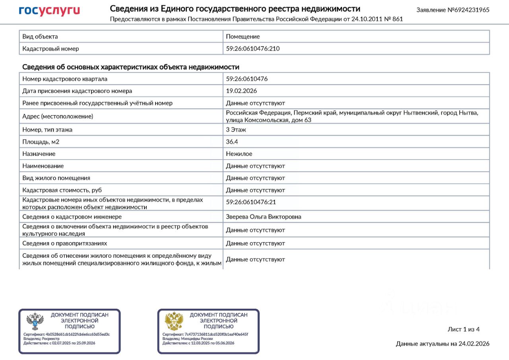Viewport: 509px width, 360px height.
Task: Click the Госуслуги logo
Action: pos(49,11)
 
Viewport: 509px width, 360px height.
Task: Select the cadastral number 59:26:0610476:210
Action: pos(253,49)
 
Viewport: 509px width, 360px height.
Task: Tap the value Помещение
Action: pos(243,37)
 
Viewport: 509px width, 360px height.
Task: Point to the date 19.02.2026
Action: pos(241,91)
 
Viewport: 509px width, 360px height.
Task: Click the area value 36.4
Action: pos(232,142)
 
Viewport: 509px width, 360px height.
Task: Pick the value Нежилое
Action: pos(239,154)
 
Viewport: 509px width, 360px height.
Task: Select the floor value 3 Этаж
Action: pos(236,130)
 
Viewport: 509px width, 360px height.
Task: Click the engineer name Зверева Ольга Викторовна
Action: pos(263,217)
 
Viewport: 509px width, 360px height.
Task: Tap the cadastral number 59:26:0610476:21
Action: pos(251,202)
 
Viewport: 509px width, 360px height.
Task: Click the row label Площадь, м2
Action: pos(41,142)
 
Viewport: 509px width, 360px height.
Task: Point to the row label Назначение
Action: pos(39,154)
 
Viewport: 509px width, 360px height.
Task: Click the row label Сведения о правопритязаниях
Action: pos(64,243)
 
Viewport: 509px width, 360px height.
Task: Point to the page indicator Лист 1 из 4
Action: pos(464,329)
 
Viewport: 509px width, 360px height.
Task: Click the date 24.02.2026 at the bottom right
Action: pos(474,344)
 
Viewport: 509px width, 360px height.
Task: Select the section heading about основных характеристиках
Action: pos(130,67)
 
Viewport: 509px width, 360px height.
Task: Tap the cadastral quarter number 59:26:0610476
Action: pos(247,79)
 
